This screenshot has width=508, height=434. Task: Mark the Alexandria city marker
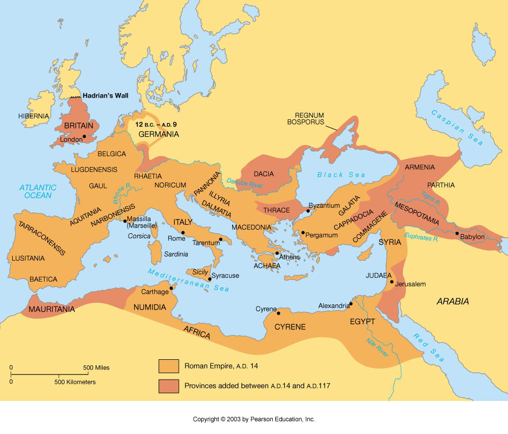point(351,303)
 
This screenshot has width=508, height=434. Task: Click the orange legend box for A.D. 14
point(169,366)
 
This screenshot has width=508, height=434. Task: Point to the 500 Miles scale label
point(96,367)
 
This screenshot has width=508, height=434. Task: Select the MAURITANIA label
point(52,309)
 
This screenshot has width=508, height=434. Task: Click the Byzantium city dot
point(308,210)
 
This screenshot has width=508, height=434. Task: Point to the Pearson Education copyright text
point(253,419)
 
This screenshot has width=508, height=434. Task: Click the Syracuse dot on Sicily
point(209,279)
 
